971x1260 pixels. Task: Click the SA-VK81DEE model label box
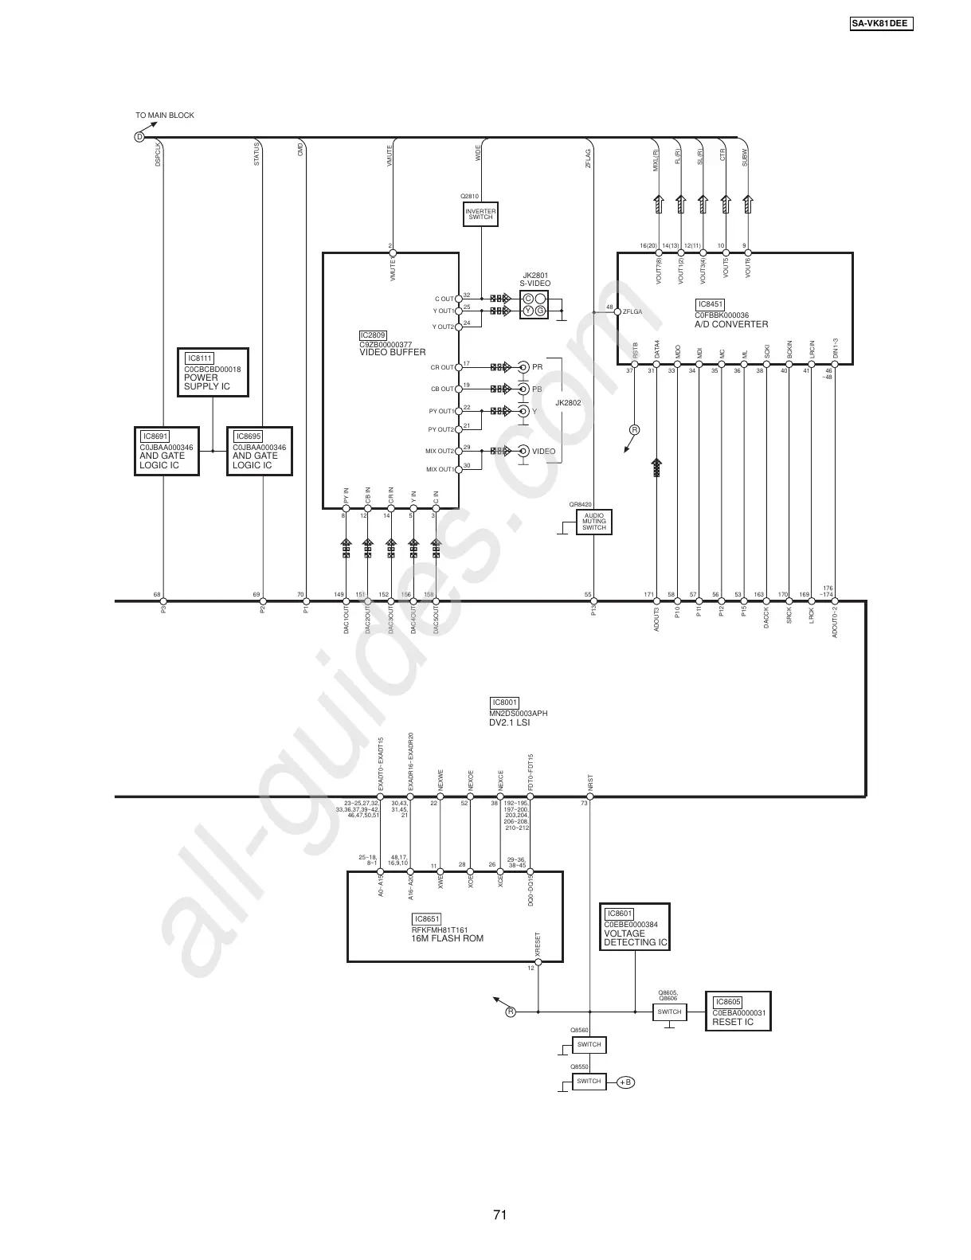[x=880, y=23]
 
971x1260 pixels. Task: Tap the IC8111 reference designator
[x=200, y=358]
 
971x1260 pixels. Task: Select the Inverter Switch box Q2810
[x=480, y=214]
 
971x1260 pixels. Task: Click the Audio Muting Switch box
[x=594, y=522]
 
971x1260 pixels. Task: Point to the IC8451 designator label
[x=710, y=304]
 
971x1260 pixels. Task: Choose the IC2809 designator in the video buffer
[x=373, y=335]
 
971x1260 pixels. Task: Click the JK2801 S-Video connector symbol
[x=534, y=304]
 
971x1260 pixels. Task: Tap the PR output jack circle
[x=523, y=367]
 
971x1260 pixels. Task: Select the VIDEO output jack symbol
[x=523, y=451]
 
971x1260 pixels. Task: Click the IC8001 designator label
[x=505, y=702]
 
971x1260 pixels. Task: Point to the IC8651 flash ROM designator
[x=427, y=918]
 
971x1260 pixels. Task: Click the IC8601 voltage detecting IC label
[x=619, y=914]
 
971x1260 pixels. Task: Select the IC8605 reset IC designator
[x=728, y=1002]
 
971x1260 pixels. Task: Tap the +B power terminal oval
[x=625, y=1082]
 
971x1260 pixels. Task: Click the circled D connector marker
[x=139, y=137]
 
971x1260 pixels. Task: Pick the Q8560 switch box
[x=589, y=1044]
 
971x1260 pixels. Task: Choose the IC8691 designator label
[x=155, y=436]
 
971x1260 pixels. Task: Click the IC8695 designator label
[x=248, y=436]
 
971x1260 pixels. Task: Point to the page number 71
[x=499, y=1215]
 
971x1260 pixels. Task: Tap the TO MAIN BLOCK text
[x=165, y=115]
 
